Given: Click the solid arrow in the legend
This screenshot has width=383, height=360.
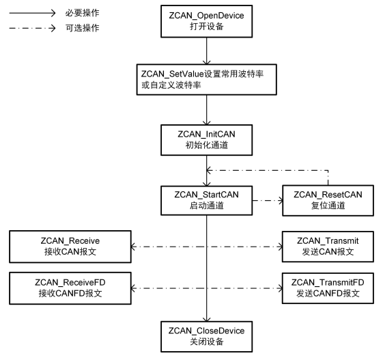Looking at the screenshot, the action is [x=32, y=13].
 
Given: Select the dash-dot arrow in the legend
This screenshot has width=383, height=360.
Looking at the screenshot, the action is [x=32, y=28].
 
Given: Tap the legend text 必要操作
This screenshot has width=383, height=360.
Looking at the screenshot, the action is [x=83, y=13].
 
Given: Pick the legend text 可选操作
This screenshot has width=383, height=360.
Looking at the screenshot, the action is [x=83, y=28].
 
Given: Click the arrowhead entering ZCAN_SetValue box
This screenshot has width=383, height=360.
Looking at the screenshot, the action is [x=206, y=62].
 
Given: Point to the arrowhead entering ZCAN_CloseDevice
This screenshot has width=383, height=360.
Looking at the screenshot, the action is [x=206, y=319].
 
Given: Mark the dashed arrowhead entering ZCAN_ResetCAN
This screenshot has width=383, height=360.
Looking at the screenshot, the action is [x=280, y=200].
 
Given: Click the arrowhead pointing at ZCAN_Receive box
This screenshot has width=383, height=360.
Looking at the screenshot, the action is [x=134, y=247].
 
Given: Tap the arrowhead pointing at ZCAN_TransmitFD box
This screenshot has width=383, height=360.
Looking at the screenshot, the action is [x=280, y=288].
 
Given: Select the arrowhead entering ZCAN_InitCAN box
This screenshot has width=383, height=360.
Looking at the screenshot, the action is [x=206, y=122].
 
